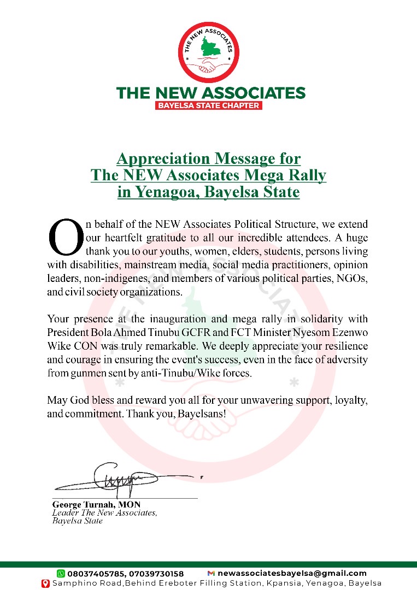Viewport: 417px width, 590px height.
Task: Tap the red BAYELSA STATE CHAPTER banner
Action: pos(209,105)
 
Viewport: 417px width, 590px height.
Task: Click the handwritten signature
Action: pos(126,480)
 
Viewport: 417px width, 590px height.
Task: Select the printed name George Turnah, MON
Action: pos(96,505)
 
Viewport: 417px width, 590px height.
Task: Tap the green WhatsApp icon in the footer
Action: pos(61,573)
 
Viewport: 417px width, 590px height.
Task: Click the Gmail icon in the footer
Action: pos(211,573)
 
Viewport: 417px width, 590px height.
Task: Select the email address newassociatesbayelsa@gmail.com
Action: pos(292,573)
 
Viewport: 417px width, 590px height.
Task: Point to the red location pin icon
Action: pos(46,583)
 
